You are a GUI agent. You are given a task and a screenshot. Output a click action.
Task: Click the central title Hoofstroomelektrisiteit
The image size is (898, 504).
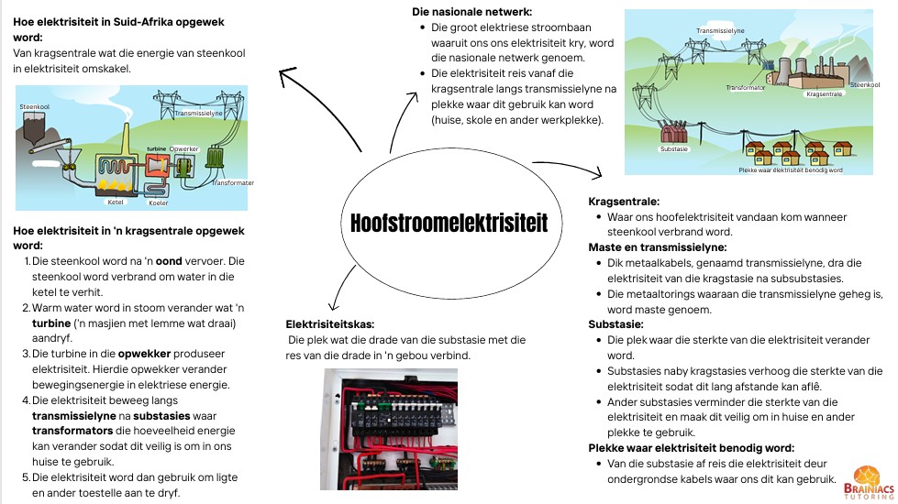[449, 223]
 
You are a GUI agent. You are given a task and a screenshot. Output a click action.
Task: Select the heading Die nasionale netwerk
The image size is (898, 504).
[471, 11]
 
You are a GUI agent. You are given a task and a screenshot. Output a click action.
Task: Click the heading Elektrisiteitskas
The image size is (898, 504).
[330, 324]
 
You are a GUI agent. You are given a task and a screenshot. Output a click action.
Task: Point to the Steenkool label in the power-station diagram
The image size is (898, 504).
[34, 107]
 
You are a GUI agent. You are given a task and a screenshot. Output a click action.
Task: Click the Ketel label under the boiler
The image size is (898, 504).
[115, 202]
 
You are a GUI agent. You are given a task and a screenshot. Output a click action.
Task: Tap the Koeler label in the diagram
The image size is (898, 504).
[159, 203]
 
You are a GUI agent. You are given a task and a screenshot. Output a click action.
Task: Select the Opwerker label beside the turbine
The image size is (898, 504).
[183, 148]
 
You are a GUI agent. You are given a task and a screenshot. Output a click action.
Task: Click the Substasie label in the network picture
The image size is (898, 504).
[674, 148]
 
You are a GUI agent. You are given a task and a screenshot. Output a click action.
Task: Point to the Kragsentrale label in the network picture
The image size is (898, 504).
[824, 93]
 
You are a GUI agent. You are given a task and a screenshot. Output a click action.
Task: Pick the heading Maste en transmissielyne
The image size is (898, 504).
[658, 247]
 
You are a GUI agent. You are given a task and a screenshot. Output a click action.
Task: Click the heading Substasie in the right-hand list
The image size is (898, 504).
[615, 324]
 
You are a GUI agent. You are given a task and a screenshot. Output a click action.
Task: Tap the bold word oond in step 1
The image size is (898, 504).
[169, 261]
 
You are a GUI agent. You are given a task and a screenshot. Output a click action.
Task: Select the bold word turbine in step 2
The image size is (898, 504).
[51, 323]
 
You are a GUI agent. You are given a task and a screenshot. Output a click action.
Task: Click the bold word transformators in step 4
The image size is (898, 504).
[72, 431]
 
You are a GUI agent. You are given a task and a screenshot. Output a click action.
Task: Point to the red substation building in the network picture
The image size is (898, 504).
[674, 132]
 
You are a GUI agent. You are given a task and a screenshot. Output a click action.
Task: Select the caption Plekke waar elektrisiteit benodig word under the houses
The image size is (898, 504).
[791, 170]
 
